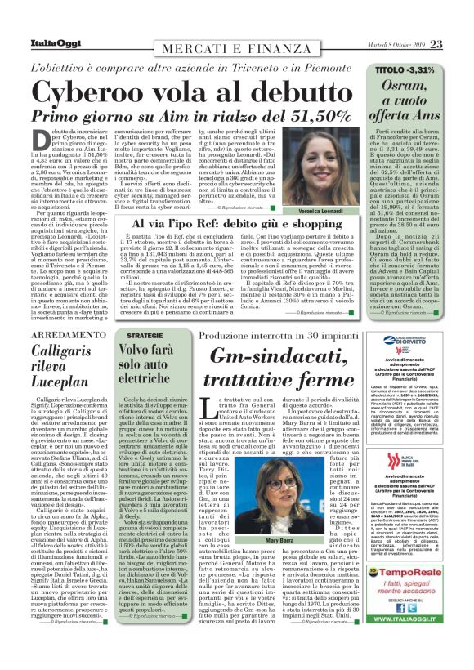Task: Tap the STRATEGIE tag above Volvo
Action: pos(145,312)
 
